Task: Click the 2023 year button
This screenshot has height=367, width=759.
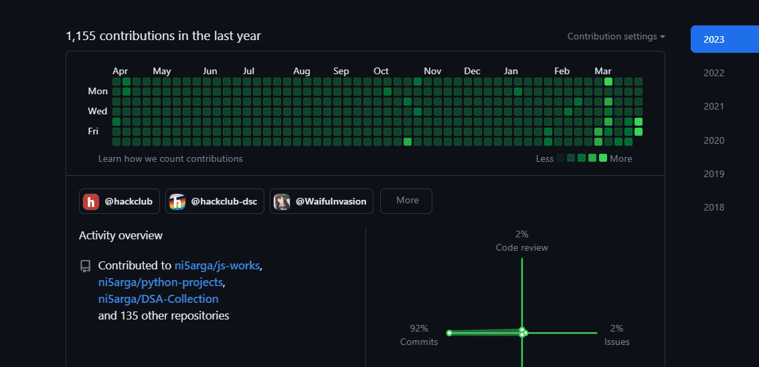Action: click(x=725, y=39)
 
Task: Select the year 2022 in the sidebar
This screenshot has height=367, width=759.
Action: click(x=714, y=73)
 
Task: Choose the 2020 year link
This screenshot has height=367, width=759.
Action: click(x=714, y=140)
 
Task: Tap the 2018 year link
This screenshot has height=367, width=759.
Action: click(x=714, y=207)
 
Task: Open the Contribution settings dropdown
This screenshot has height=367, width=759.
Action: click(x=616, y=36)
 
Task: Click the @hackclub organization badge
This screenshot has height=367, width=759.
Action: click(x=119, y=201)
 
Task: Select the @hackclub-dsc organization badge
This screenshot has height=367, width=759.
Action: click(x=214, y=201)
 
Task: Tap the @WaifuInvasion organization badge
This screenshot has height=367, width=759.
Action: click(x=321, y=201)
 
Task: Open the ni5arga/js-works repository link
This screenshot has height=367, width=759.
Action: click(x=218, y=265)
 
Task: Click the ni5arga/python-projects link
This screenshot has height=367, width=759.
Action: click(x=161, y=282)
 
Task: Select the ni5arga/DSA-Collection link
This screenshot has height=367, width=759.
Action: click(x=158, y=299)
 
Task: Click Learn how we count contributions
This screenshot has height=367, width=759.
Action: click(x=171, y=158)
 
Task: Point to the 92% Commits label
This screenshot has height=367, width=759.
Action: click(x=419, y=335)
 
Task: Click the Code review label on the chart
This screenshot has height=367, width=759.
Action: click(x=522, y=247)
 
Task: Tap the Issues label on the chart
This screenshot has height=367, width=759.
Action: click(x=616, y=342)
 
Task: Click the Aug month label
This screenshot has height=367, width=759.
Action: click(x=302, y=71)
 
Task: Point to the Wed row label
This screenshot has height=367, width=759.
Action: click(x=97, y=111)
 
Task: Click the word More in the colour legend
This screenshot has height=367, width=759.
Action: click(x=620, y=158)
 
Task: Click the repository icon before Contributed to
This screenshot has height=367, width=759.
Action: click(x=85, y=267)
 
